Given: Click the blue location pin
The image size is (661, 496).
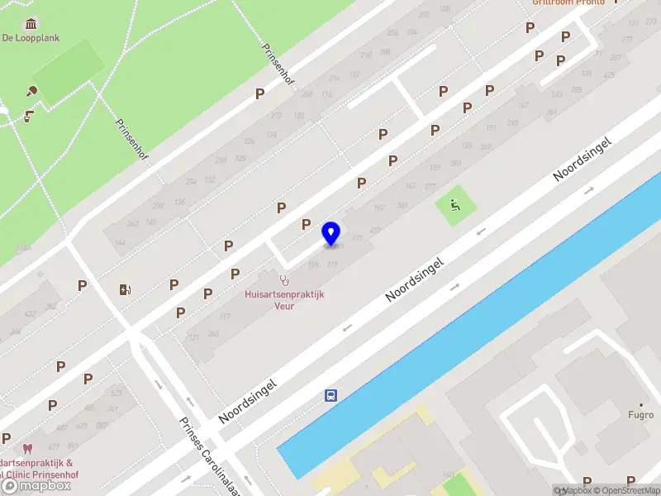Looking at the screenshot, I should pos(331,234).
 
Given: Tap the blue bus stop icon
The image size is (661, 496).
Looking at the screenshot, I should pos(330,395).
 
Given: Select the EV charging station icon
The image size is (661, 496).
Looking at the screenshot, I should pos(125,289).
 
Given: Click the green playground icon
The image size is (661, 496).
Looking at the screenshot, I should pos(454,203).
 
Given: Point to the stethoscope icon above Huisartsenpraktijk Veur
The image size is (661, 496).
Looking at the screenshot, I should pos(284,279).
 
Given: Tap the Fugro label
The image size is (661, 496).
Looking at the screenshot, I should pos(640,415).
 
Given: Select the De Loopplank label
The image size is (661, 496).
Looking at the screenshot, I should pos(31,38).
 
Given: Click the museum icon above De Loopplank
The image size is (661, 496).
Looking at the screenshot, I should pos(31,22).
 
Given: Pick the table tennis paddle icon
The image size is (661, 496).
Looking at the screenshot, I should pos(34,92).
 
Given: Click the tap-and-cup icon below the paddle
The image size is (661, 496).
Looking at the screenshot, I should pos(29,116).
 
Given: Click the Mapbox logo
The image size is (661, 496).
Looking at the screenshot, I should pos(36,486).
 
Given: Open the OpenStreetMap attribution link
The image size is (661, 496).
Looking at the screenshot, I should pos(627,490).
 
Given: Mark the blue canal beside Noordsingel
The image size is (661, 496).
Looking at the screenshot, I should pos(463,331).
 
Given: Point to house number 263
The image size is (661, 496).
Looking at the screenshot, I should pos(213,334).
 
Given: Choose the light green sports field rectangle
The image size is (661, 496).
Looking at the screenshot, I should pos(68,70).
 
